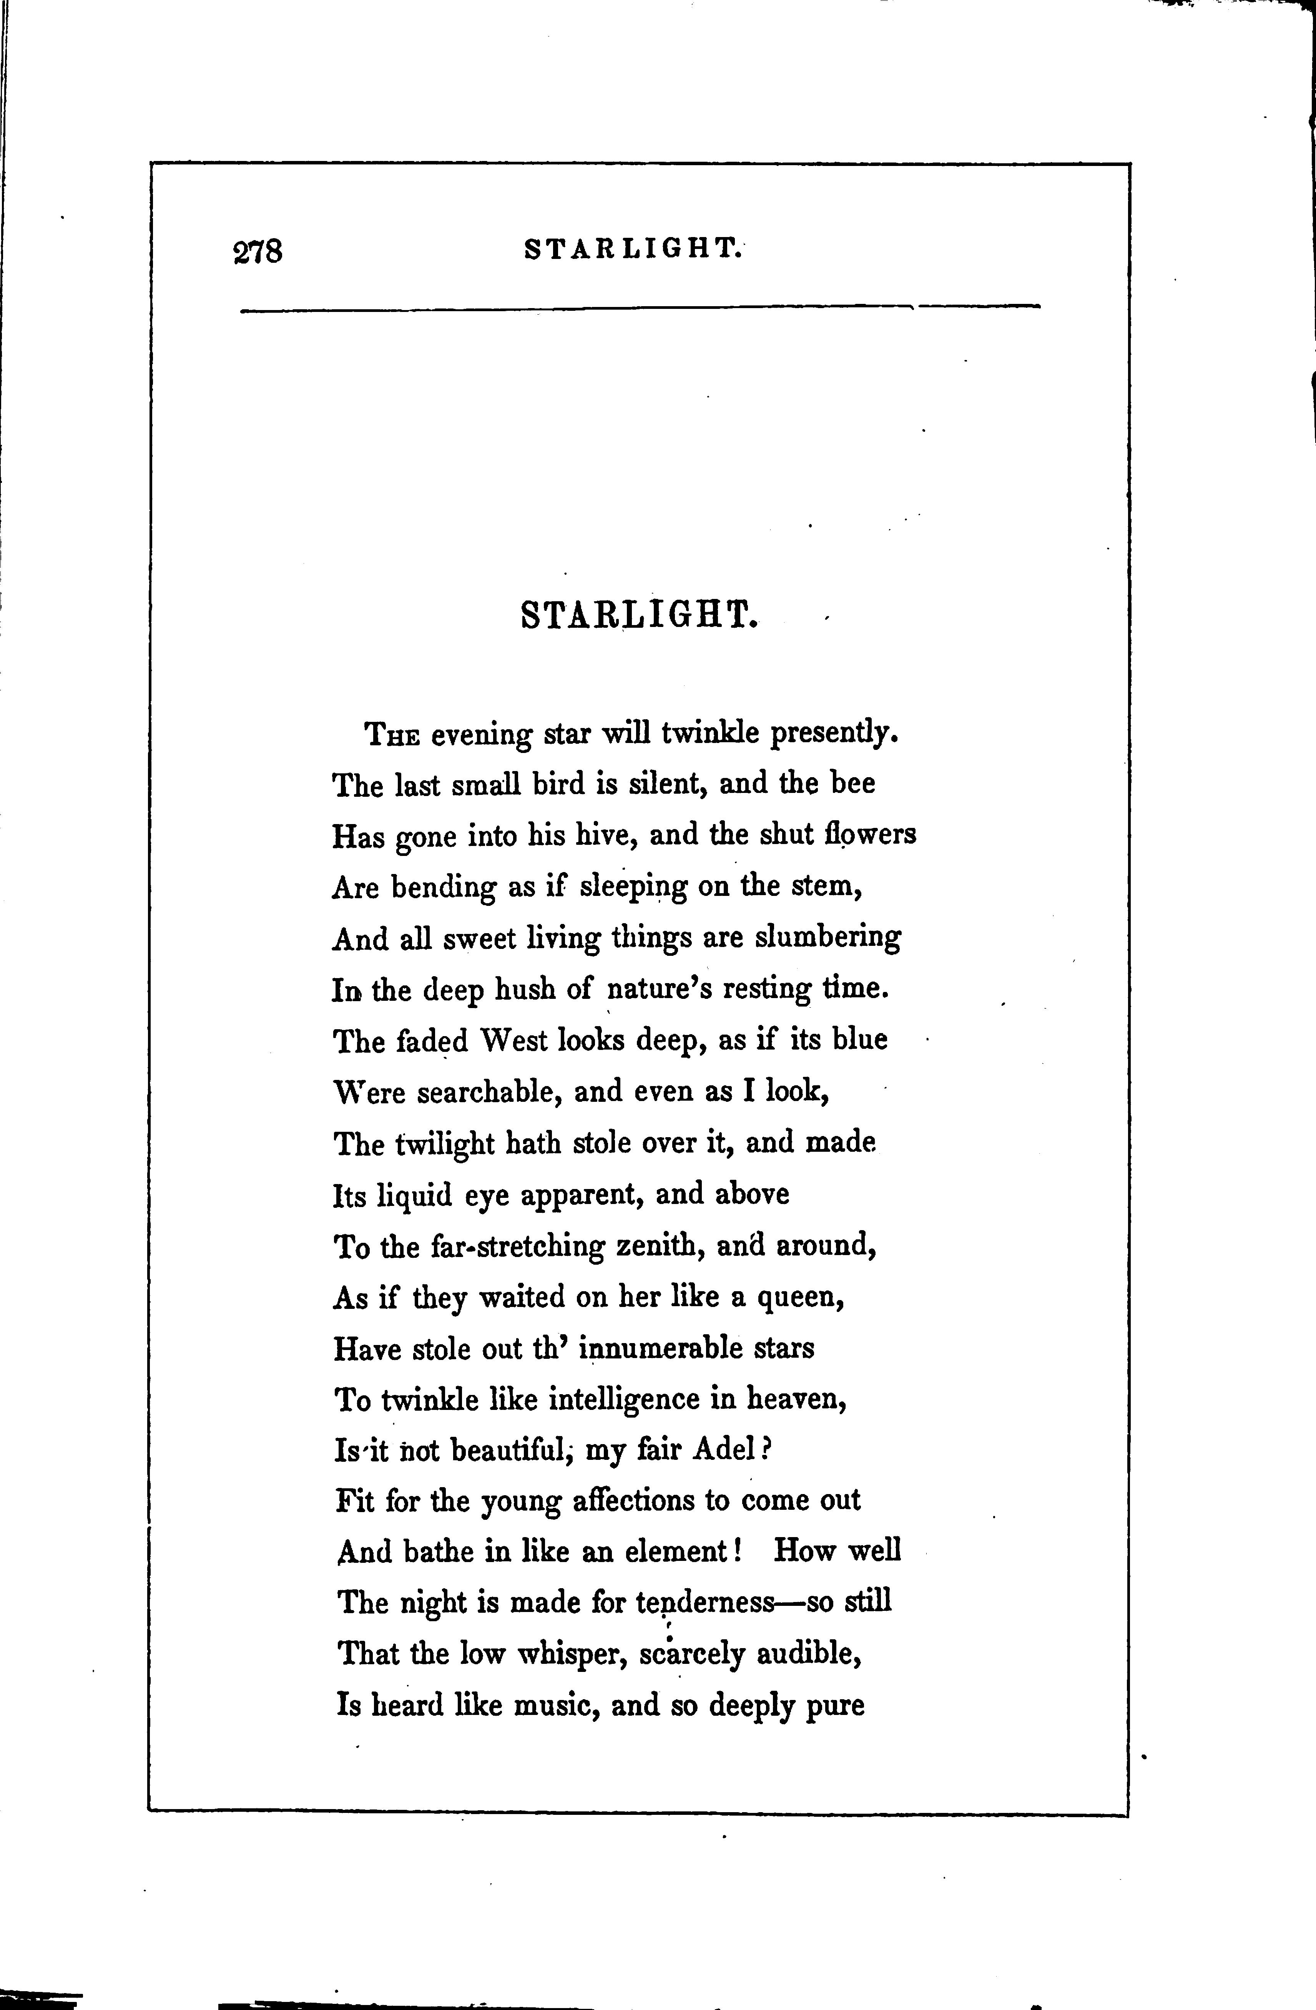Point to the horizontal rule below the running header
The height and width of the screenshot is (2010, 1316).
(640, 308)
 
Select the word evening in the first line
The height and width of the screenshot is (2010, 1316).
(480, 735)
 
